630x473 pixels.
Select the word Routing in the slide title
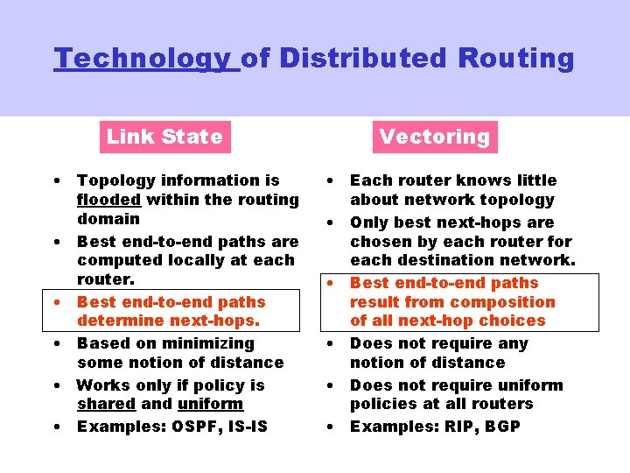click(516, 60)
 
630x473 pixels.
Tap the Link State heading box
click(164, 137)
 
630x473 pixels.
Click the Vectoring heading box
click(435, 137)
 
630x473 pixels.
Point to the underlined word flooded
click(109, 200)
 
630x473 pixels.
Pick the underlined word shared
click(106, 404)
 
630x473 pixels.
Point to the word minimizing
click(210, 343)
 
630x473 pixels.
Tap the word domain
click(108, 219)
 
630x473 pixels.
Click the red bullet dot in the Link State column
click(55, 302)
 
